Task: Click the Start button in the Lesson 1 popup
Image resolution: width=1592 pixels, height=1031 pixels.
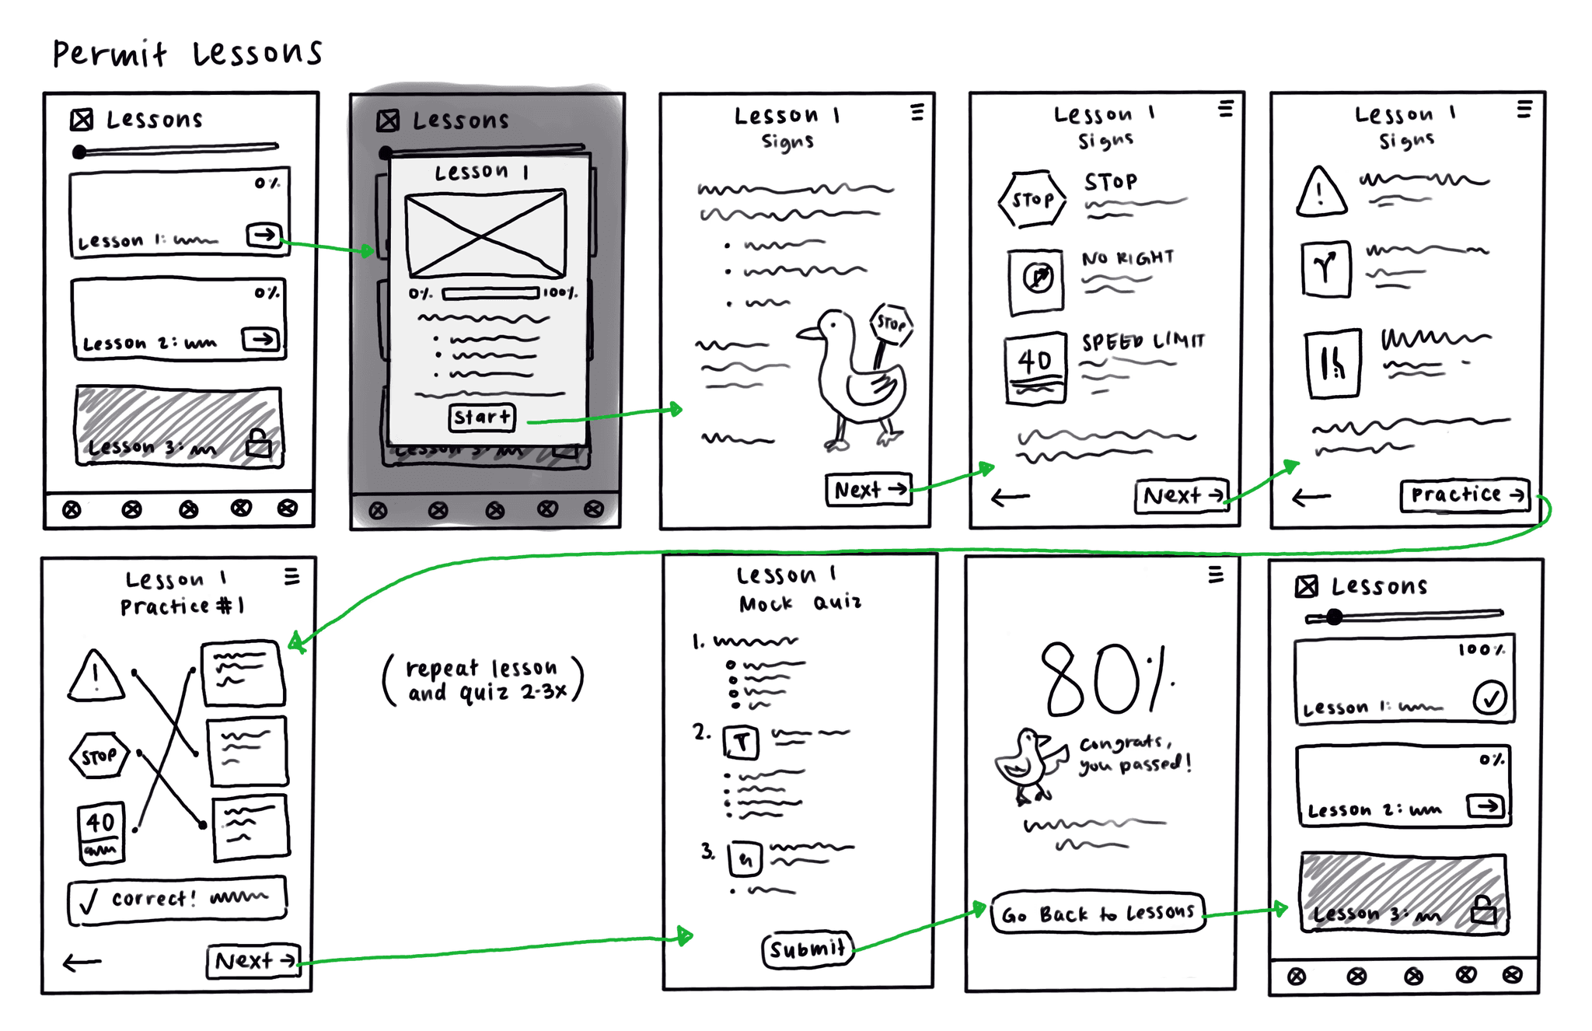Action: [x=482, y=418]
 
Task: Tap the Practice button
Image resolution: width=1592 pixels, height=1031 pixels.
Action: [x=1464, y=495]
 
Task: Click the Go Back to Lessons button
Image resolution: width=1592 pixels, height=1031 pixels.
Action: [x=1098, y=913]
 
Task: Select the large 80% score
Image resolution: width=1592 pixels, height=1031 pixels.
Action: [x=1104, y=679]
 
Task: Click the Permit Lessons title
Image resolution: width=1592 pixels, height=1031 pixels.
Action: [x=187, y=53]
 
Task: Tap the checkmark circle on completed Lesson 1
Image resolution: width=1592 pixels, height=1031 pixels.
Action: [x=1489, y=697]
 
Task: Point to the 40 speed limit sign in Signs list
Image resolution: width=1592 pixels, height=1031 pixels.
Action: [x=1035, y=368]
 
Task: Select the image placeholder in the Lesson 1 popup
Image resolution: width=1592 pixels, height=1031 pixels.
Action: [x=486, y=232]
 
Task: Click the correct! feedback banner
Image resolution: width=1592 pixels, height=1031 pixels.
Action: [x=177, y=900]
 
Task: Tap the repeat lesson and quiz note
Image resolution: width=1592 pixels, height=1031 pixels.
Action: [x=483, y=680]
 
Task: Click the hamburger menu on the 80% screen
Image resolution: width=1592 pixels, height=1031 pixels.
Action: [x=1216, y=575]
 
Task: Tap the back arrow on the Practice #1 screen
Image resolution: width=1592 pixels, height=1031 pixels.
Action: [x=82, y=963]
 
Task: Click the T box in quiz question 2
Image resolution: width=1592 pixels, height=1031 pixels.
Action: [x=741, y=742]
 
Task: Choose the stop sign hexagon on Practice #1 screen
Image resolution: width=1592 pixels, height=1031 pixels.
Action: [x=99, y=756]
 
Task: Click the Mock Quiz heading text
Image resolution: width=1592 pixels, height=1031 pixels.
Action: [x=800, y=603]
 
